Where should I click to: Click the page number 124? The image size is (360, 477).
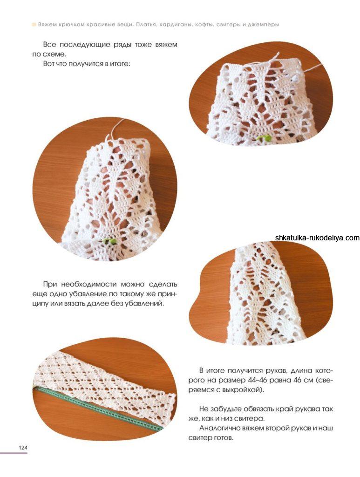tap(23, 448)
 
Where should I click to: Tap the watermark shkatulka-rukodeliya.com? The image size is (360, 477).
tap(317, 238)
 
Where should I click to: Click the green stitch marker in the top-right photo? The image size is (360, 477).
tap(263, 138)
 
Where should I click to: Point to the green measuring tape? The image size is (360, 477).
tap(98, 408)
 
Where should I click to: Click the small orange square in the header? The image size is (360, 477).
tap(34, 24)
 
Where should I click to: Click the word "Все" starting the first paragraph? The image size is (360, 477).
tap(49, 45)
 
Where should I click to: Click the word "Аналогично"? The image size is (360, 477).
tap(219, 429)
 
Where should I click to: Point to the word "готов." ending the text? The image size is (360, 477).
tap(223, 438)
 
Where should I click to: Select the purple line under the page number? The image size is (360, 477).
tap(14, 453)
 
